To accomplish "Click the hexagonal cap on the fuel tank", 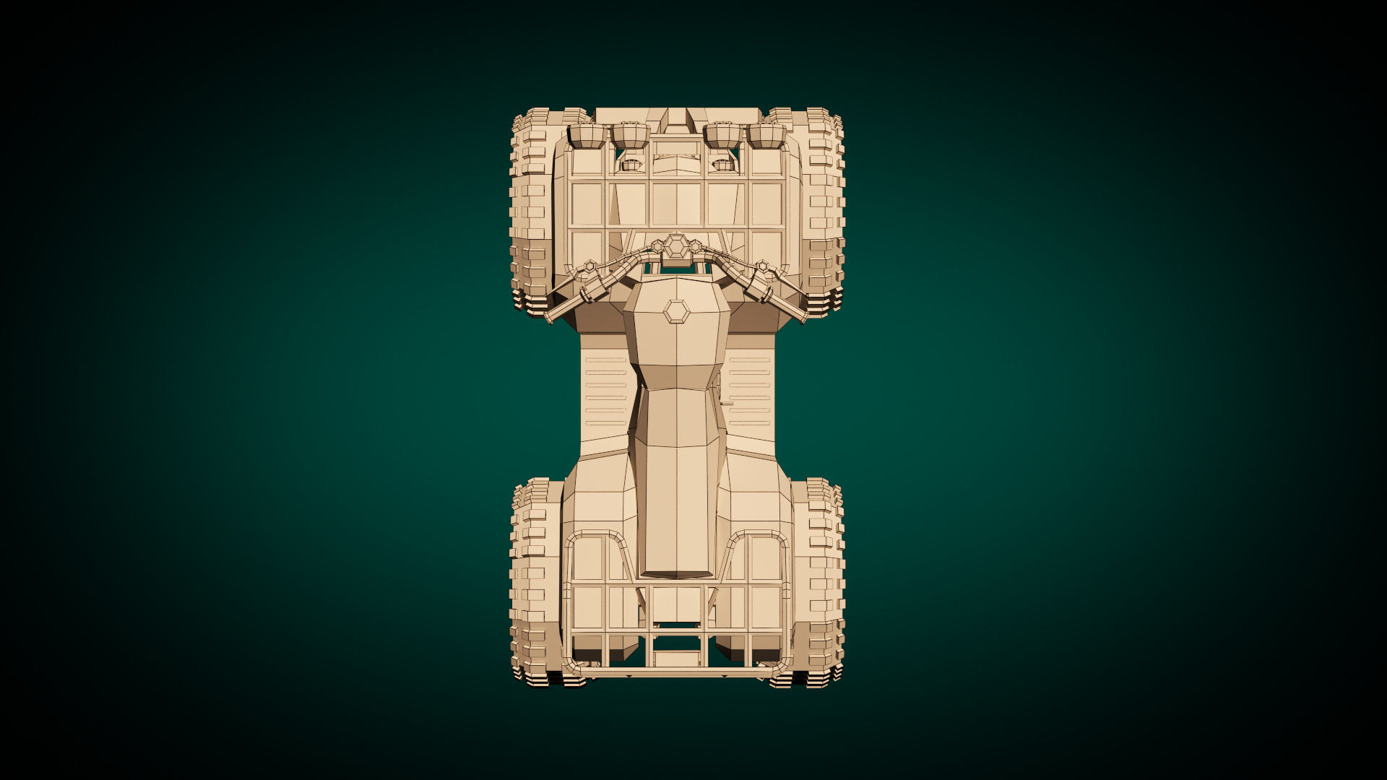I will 677,312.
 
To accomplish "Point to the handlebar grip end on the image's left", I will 551,316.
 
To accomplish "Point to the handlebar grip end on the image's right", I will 803,316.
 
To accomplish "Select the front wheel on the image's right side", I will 824,209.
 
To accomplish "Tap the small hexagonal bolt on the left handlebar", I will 589,267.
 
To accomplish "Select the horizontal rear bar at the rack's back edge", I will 677,673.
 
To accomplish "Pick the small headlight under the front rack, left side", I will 631,165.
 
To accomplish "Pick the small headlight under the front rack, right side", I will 722,165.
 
